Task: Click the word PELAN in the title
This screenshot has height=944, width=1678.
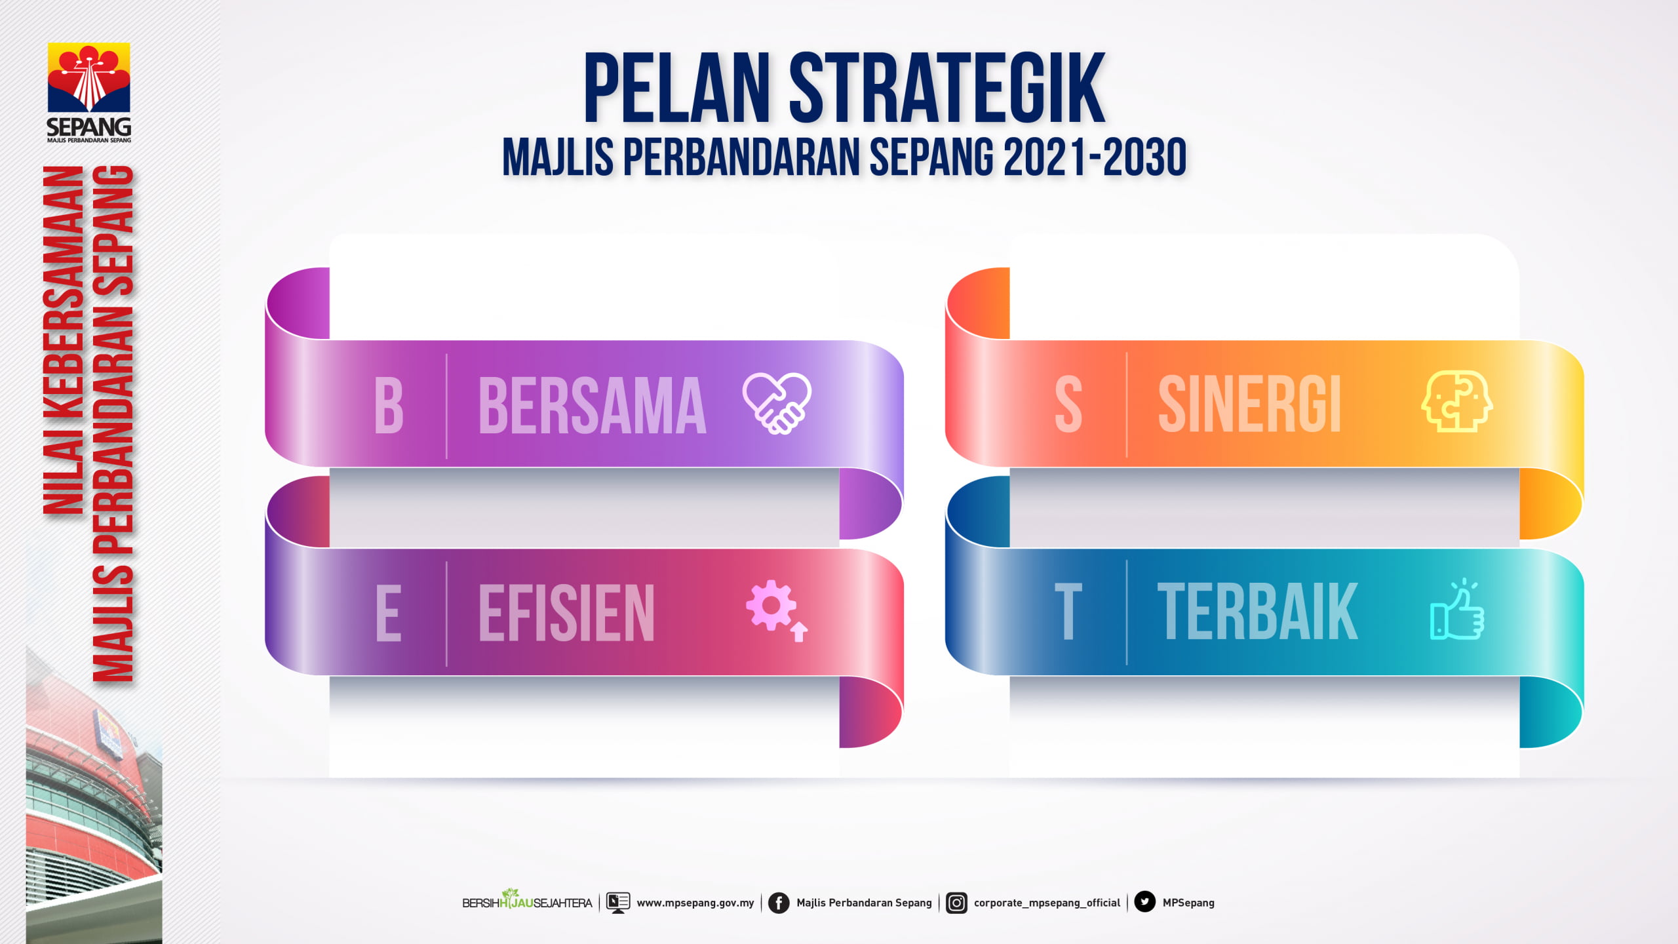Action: click(x=677, y=88)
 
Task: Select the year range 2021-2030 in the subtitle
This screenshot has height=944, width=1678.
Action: click(x=1095, y=157)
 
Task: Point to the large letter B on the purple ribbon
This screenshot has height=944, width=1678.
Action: click(x=389, y=406)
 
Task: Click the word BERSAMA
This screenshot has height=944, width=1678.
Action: click(x=593, y=406)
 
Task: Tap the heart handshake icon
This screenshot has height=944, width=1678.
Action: click(x=777, y=403)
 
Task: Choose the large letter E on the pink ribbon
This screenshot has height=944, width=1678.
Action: click(x=388, y=614)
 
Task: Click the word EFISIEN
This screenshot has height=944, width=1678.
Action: click(x=566, y=614)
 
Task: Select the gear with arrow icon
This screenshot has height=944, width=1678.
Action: click(x=777, y=610)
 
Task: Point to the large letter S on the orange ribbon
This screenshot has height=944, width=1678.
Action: click(x=1068, y=405)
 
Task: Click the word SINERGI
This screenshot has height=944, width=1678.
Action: click(x=1249, y=404)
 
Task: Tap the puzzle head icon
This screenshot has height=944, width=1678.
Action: click(x=1456, y=401)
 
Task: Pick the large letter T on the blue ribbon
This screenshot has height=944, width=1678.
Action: click(x=1068, y=612)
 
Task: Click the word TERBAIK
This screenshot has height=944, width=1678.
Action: click(x=1257, y=612)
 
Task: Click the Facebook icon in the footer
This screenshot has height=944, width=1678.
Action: click(x=779, y=903)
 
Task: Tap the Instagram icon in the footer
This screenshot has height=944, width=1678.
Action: click(x=956, y=903)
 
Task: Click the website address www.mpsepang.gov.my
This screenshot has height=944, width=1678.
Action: click(x=695, y=903)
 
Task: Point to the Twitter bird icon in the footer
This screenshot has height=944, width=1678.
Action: click(x=1144, y=902)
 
